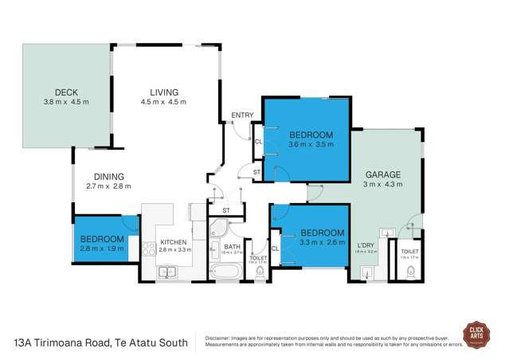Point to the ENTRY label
pos(242,116)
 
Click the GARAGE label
pos(383,174)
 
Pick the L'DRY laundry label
pos(366,245)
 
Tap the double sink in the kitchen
pos(168,272)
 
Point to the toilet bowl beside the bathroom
pos(259,273)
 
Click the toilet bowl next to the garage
pos(410,272)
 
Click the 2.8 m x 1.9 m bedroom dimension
pos(101,249)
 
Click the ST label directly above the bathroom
pos(226,210)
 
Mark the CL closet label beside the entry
pos(256,142)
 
